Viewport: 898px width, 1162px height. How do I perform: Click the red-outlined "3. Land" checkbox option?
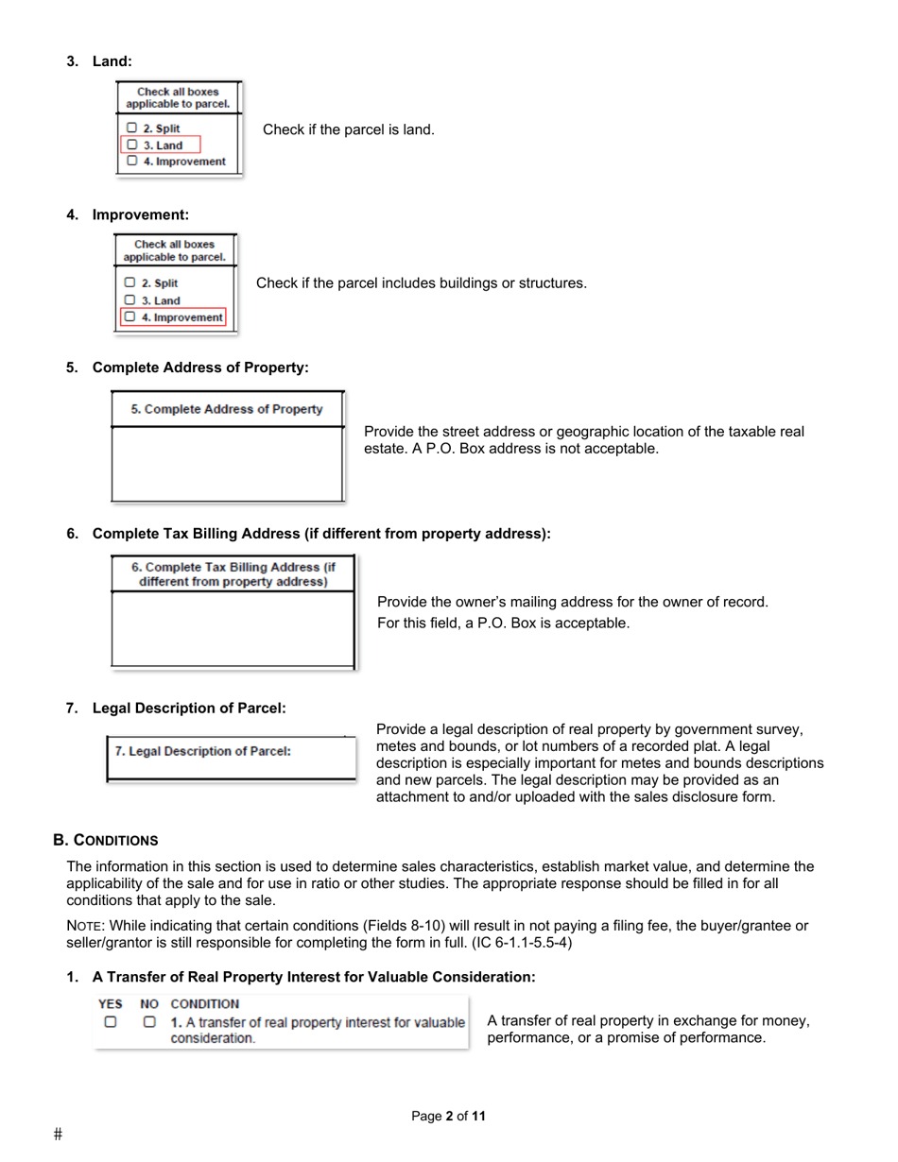tap(161, 145)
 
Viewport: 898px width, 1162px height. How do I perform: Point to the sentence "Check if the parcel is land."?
tap(348, 128)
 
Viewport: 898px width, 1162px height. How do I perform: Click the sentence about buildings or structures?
tap(422, 282)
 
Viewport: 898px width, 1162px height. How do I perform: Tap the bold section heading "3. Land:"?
tap(99, 61)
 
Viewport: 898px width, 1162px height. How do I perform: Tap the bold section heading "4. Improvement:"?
tap(128, 214)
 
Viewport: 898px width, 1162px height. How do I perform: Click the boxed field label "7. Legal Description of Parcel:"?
tap(203, 751)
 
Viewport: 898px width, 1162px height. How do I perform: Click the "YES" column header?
tap(112, 1003)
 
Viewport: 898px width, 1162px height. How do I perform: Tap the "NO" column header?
tap(149, 1003)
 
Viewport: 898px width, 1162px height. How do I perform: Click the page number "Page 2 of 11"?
tap(449, 1117)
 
